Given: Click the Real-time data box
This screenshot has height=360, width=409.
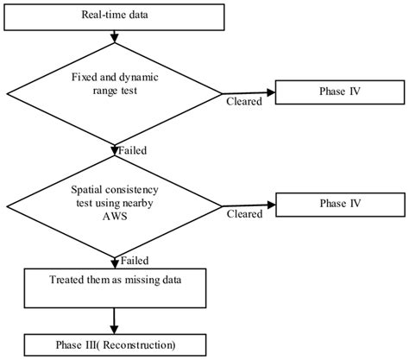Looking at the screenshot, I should click(115, 16).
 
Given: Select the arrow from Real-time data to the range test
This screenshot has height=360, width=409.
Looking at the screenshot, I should click(115, 37).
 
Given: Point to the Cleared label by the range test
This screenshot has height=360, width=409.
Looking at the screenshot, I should click(243, 101).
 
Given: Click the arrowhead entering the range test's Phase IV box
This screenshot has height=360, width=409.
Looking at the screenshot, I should click(270, 91).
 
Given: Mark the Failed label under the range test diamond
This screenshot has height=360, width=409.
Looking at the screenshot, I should click(132, 150).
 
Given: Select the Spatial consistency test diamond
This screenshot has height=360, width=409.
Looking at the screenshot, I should click(115, 205).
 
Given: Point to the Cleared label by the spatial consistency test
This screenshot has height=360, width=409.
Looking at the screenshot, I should click(243, 212).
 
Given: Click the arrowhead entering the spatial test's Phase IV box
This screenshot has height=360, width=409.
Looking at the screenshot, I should click(270, 205).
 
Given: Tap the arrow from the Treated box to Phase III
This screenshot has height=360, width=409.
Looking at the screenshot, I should click(115, 319).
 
